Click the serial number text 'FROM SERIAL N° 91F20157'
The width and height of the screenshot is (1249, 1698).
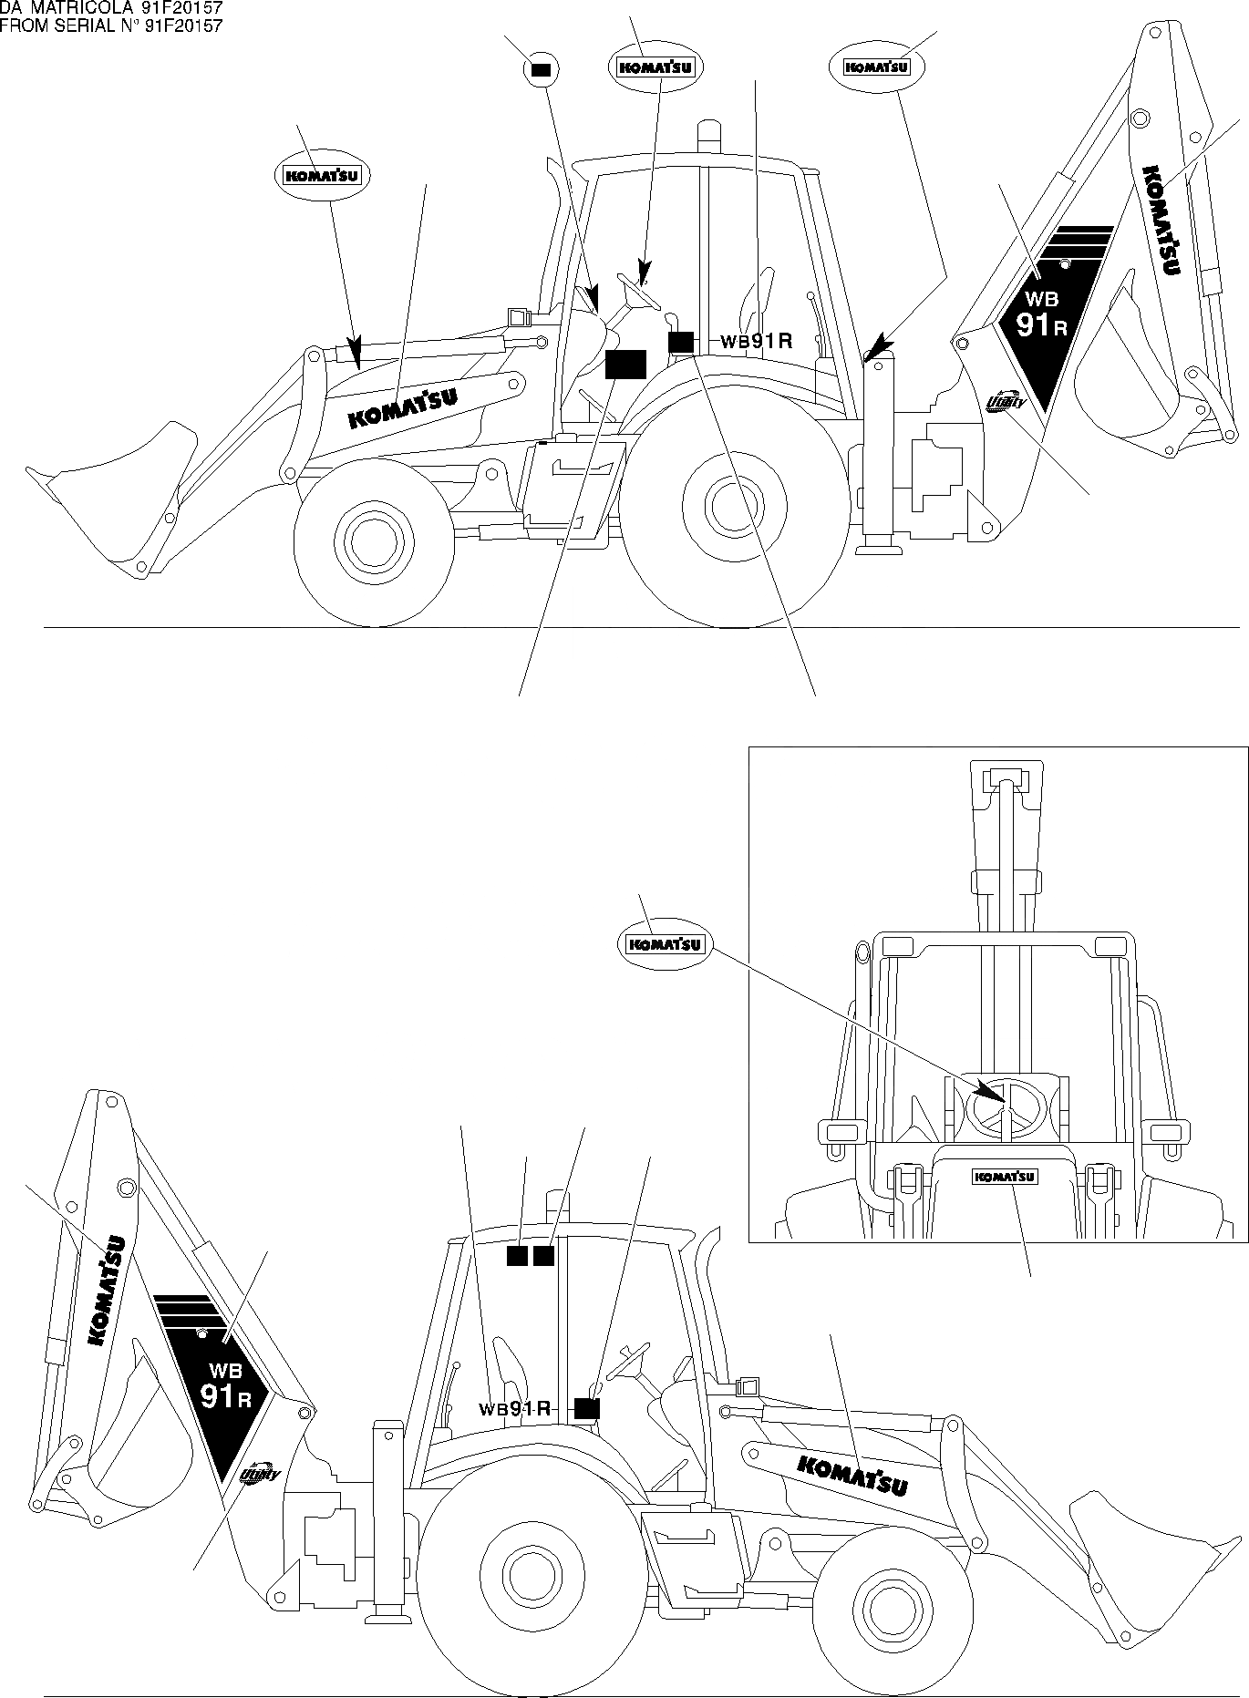pyautogui.click(x=111, y=26)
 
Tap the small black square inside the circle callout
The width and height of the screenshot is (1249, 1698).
pyautogui.click(x=542, y=68)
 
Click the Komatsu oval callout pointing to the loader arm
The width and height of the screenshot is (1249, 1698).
pyautogui.click(x=323, y=176)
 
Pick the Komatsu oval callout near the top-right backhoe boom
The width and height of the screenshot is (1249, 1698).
pyautogui.click(x=876, y=67)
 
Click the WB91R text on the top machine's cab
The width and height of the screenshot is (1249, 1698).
pyautogui.click(x=756, y=342)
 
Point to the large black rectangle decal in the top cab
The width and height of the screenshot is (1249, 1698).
pyautogui.click(x=625, y=363)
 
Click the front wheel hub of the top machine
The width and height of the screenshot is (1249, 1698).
pyautogui.click(x=374, y=547)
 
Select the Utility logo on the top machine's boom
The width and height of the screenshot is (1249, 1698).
pyautogui.click(x=1006, y=401)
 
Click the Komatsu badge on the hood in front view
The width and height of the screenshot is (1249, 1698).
pyautogui.click(x=1006, y=1177)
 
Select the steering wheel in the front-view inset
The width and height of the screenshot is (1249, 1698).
pyautogui.click(x=1001, y=1105)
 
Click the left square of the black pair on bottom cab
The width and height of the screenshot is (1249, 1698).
pyautogui.click(x=517, y=1257)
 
